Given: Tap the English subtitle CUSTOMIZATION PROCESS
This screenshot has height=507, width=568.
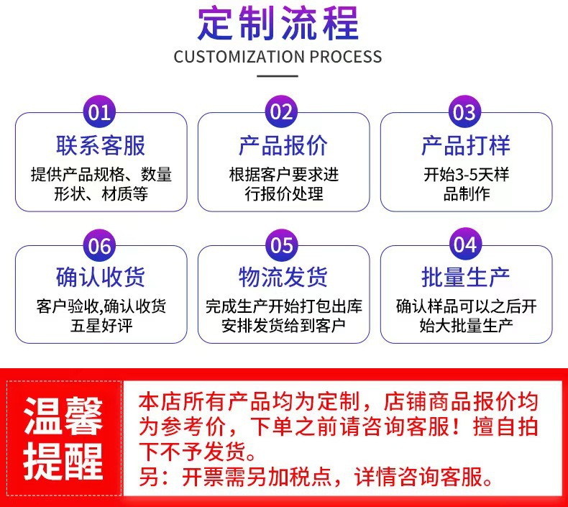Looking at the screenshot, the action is tap(278, 57).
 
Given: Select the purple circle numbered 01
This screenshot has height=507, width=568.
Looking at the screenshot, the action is tap(100, 112).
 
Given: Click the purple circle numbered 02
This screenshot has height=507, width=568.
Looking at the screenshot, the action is tap(283, 112).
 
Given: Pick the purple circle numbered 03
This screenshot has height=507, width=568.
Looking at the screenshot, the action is tap(465, 112).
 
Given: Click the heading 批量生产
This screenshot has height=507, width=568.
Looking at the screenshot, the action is tap(466, 277).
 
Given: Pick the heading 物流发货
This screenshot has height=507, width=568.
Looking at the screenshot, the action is tap(283, 277).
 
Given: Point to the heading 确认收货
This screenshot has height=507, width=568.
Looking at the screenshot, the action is tap(101, 277).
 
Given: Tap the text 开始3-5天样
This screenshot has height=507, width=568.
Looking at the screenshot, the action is tap(466, 175).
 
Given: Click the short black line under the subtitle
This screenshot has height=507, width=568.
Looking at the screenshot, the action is tap(278, 75).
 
